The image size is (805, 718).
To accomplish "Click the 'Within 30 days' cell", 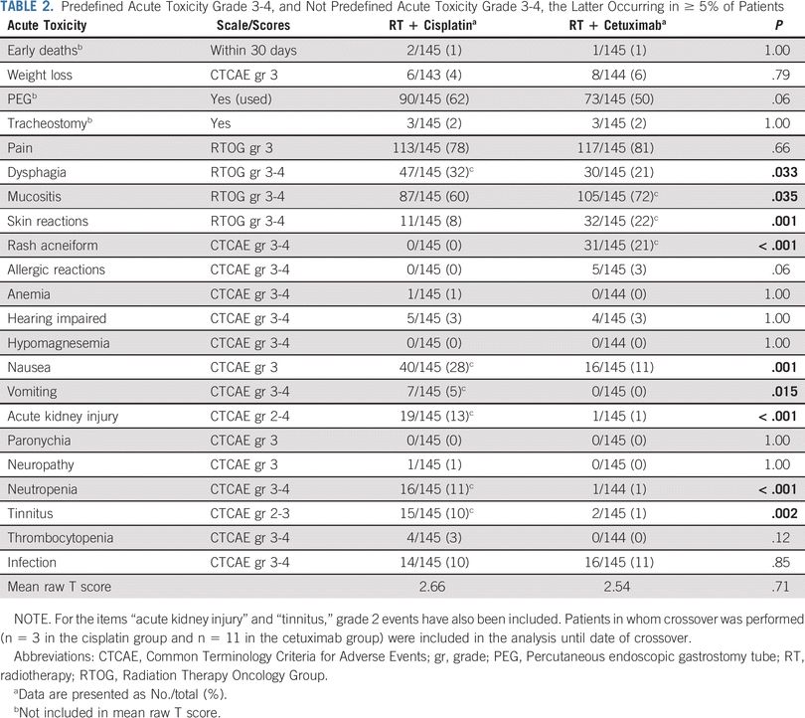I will click(x=253, y=51).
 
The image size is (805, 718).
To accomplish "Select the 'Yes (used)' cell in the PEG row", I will click(x=242, y=99).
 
